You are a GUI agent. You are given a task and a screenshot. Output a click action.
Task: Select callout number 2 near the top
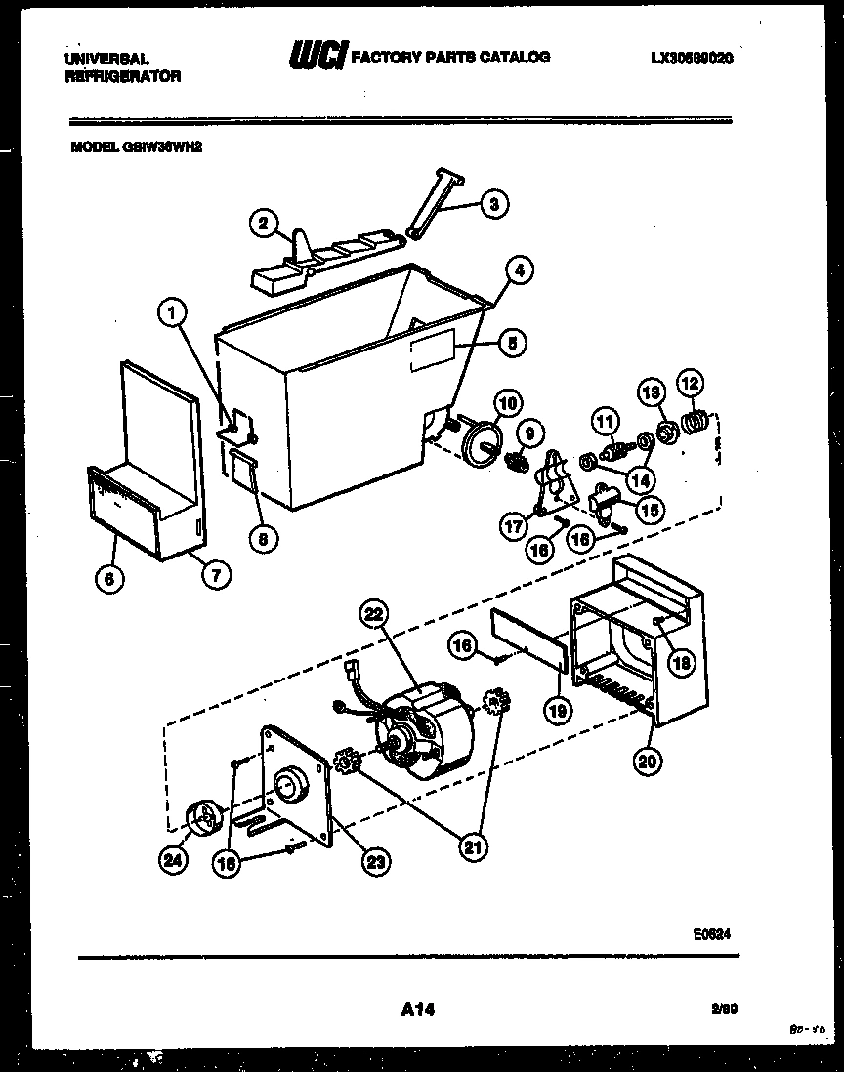pos(262,224)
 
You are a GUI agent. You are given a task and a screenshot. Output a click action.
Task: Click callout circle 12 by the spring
pos(690,383)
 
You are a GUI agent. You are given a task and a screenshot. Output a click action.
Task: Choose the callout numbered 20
pos(645,763)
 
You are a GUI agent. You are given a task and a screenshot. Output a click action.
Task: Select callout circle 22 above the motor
pos(375,614)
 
